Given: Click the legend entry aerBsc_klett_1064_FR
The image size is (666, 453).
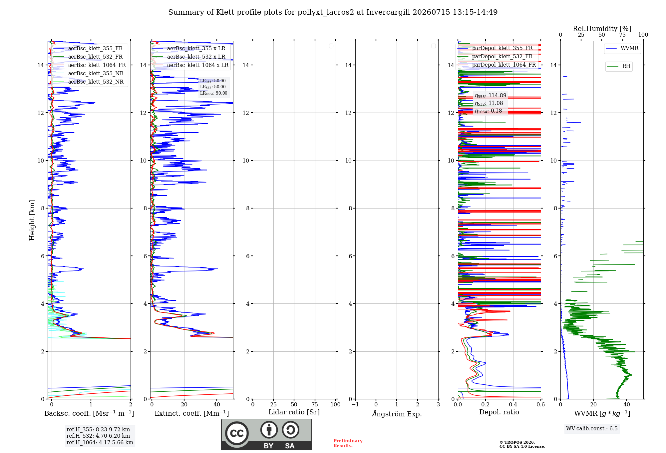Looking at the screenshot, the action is [x=89, y=65].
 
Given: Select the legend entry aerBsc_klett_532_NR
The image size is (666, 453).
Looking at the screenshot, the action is [x=88, y=82].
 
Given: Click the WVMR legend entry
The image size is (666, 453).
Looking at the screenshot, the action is [x=622, y=48].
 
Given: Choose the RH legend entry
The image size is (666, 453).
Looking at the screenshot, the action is [x=619, y=66].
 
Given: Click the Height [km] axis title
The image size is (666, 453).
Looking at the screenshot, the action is [x=32, y=220].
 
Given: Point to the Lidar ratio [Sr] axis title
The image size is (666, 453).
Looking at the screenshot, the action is [x=294, y=412].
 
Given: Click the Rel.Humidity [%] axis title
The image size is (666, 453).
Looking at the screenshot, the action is [x=602, y=29].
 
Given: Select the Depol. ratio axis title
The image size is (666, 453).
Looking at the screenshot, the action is [x=499, y=412].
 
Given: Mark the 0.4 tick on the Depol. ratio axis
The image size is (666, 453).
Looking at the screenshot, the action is [x=513, y=404].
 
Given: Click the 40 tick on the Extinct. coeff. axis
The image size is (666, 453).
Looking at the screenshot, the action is [x=217, y=404].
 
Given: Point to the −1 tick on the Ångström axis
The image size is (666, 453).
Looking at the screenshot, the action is [x=355, y=404].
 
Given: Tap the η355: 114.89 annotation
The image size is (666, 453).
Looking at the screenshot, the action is [x=491, y=96].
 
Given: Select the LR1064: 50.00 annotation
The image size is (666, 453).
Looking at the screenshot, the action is [x=213, y=93].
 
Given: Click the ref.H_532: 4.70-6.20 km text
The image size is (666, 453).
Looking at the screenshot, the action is [x=98, y=436].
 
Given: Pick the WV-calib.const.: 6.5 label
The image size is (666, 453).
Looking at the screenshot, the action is [x=592, y=429].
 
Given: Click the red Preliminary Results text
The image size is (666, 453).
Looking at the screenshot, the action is [x=348, y=443].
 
